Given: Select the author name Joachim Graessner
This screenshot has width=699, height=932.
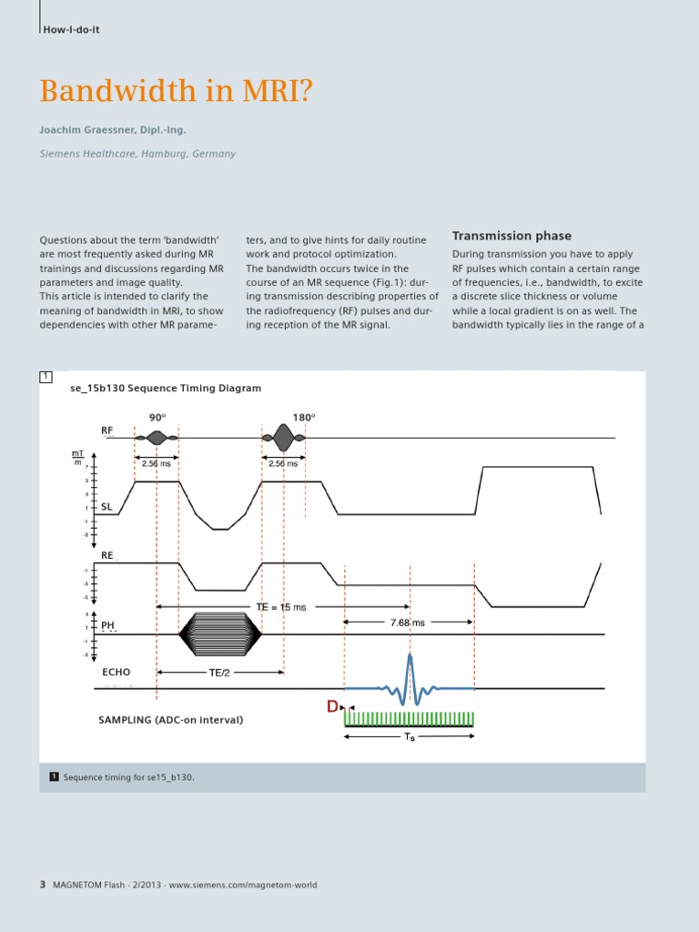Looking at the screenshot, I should tap(112, 130).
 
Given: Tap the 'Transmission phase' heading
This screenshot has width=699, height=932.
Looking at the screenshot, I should tap(512, 236).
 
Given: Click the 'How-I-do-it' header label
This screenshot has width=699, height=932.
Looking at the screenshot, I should tap(71, 30).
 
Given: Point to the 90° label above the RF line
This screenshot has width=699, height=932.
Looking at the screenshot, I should tap(157, 418).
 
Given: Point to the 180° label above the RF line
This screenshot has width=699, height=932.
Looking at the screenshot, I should tap(304, 418).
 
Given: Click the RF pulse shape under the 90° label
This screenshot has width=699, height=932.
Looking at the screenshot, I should tap(157, 439).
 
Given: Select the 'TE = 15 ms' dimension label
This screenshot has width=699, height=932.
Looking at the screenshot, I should tap(280, 606).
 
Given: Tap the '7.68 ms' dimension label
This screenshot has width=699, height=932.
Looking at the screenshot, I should tap(409, 623).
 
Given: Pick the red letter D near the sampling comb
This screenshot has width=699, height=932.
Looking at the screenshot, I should tap(333, 705).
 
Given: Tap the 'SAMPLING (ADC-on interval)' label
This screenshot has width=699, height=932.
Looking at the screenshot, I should tap(170, 720).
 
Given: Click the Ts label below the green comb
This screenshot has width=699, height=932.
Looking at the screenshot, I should tap(410, 737).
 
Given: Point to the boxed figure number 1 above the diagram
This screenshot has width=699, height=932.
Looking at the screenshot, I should tap(46, 377).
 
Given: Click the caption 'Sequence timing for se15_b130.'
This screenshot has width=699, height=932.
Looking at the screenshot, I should tap(128, 777).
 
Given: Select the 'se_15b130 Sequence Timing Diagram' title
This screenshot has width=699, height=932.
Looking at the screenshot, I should tap(166, 388).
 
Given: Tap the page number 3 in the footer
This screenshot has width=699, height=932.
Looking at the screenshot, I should tap(43, 885).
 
